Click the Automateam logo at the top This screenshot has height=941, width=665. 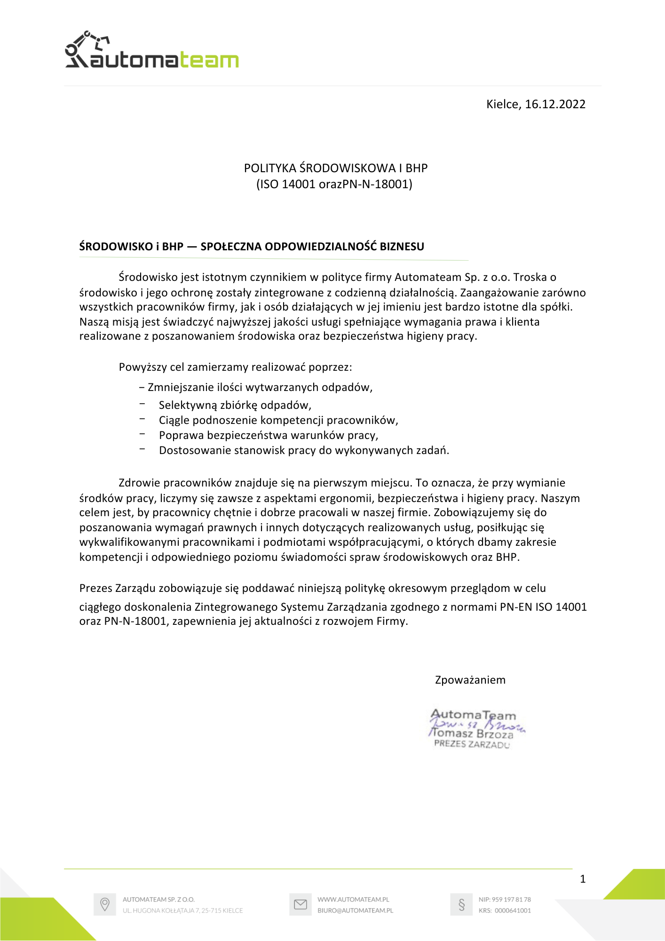(151, 51)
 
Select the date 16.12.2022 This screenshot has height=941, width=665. (555, 104)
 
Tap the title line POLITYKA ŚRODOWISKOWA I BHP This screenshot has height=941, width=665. (335, 168)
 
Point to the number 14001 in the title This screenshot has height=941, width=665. (298, 184)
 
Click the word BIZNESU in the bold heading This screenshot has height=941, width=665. (402, 247)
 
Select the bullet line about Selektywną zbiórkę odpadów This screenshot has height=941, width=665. (235, 405)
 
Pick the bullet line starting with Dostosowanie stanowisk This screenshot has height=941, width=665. (304, 450)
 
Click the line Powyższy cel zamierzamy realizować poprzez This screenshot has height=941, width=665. (235, 367)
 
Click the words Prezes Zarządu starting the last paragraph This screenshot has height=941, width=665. (117, 588)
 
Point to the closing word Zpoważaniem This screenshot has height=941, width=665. (470, 680)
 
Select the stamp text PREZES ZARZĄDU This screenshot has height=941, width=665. (471, 744)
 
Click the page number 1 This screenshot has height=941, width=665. (583, 879)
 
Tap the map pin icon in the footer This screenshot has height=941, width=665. (105, 904)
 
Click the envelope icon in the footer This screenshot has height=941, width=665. (300, 904)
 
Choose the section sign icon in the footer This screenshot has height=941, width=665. (461, 904)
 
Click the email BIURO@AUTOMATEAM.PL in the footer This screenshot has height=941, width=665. (355, 910)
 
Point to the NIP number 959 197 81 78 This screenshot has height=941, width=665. (511, 899)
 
